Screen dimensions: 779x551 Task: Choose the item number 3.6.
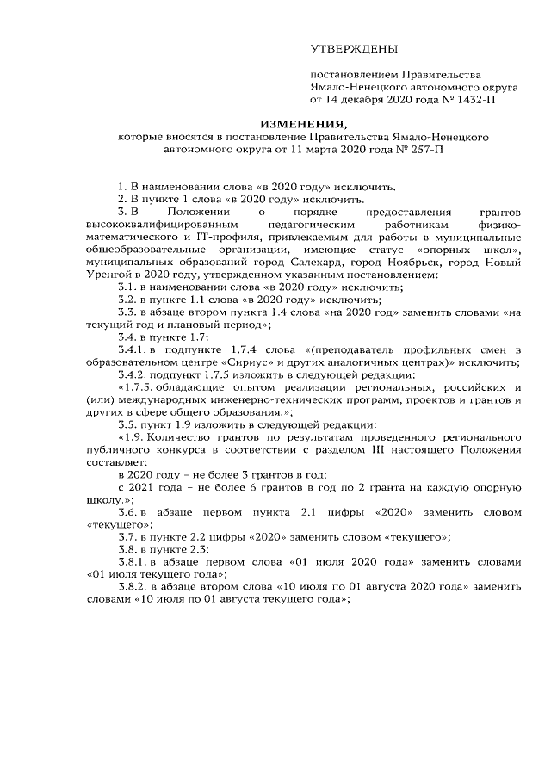coord(128,511)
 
